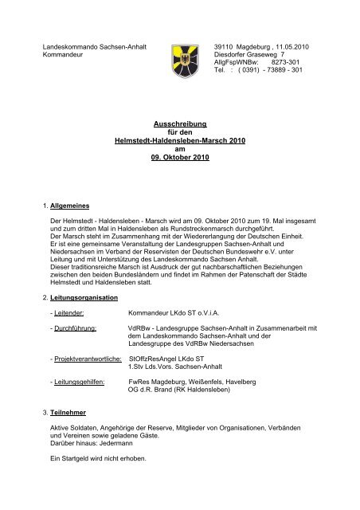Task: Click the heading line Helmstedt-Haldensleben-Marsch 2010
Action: [178, 141]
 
